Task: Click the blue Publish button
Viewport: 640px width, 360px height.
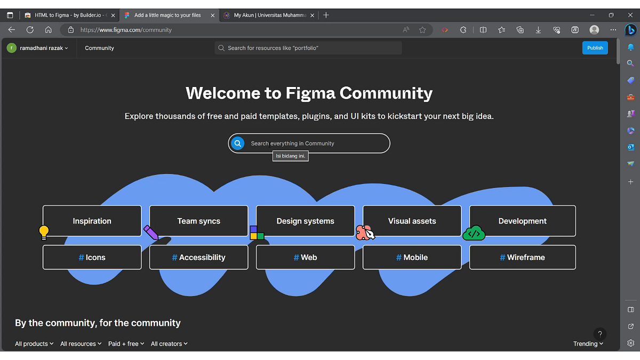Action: (x=595, y=48)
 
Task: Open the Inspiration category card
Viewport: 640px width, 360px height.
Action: (x=92, y=221)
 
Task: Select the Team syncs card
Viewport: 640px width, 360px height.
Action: (x=198, y=221)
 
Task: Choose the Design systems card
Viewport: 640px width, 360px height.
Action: (x=305, y=221)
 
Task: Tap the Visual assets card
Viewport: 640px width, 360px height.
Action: (x=412, y=221)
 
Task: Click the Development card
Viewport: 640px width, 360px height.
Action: (x=522, y=221)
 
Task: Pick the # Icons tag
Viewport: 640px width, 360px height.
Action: (x=92, y=257)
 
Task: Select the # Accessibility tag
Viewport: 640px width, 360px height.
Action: (x=198, y=257)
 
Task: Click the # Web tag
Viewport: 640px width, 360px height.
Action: (x=305, y=257)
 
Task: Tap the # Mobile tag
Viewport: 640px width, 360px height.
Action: (x=412, y=257)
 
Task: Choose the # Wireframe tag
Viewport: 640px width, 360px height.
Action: (x=522, y=257)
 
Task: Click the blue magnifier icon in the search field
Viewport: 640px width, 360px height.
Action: (x=238, y=143)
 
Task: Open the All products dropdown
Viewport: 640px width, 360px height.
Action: (x=34, y=344)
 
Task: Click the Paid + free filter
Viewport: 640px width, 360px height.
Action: (x=126, y=344)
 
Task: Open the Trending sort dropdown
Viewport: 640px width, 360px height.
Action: (x=588, y=344)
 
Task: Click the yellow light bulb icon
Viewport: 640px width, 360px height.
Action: (x=44, y=232)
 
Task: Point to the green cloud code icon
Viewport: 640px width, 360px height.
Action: (x=474, y=233)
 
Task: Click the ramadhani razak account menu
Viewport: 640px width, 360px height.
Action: (x=38, y=48)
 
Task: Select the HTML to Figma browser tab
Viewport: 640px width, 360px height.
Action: (x=69, y=15)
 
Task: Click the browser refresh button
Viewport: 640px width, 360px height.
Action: (x=30, y=30)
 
